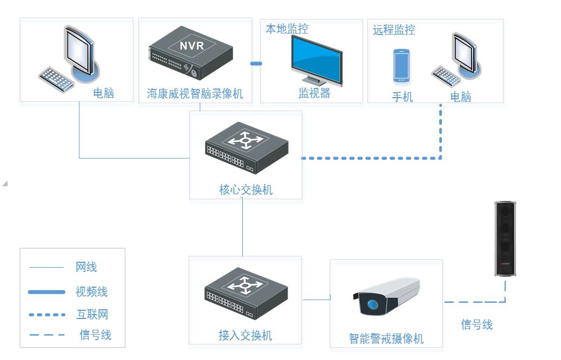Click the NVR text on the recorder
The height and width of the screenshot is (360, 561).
point(191,45)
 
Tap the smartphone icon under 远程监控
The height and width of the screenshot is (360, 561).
point(401,65)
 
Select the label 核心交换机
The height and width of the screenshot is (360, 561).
point(246,189)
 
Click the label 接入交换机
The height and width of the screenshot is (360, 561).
point(245,335)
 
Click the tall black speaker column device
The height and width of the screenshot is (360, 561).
point(505,237)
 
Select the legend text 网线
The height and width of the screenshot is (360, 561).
point(86,267)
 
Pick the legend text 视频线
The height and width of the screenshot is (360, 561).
point(92,291)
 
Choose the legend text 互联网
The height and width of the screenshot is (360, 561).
point(92,314)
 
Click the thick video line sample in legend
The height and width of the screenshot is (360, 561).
point(46,292)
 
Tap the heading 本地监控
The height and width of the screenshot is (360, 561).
point(286,29)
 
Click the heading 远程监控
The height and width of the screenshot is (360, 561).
point(394,30)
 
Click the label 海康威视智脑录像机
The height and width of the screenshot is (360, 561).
point(195,93)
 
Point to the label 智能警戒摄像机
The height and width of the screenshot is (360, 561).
point(386,338)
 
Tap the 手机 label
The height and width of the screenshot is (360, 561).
point(402,97)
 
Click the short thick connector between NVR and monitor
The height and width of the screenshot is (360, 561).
point(256,64)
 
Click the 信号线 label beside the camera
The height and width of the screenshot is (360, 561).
point(476,324)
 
